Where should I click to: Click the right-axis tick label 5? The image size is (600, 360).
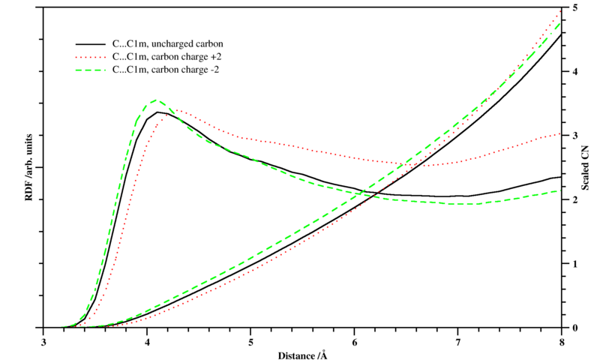coord(574,7)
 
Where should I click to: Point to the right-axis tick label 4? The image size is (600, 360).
coord(574,72)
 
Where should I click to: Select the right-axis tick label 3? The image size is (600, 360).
coord(574,136)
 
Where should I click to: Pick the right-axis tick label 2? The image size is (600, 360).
coord(574,200)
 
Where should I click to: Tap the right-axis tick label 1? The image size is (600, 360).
coord(574,264)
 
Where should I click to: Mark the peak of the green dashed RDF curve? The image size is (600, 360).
coord(155,100)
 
